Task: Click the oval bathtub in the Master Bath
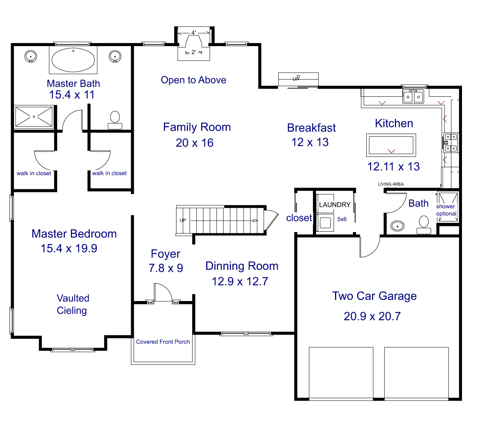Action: coord(73,60)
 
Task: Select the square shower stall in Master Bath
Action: coord(34,117)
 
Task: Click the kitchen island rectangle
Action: coord(391,145)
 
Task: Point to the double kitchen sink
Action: coord(413,97)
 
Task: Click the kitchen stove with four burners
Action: coord(451,143)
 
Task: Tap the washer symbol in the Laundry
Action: coord(325,223)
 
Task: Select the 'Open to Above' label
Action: coord(193,80)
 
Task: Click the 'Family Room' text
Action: coord(197,127)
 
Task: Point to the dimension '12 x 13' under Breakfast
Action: coord(310,142)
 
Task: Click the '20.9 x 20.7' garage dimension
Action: coord(372,316)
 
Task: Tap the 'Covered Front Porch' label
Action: coord(163,342)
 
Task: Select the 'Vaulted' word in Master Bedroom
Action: coord(73,298)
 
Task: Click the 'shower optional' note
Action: coord(446,210)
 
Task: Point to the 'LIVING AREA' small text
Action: coord(390,184)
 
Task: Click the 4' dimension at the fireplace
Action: coord(194,33)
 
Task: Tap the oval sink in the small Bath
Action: coord(398,226)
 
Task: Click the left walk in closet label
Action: coord(34,173)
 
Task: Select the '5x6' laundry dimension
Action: coord(342,219)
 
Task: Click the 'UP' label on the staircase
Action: coord(183,220)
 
